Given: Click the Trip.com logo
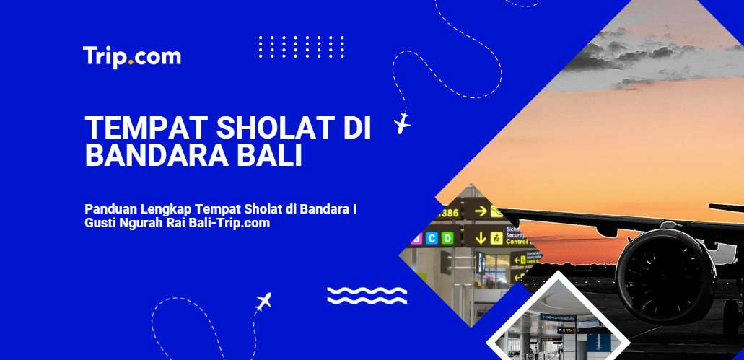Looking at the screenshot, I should [131, 56].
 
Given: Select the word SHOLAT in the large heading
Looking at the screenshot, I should [257, 128].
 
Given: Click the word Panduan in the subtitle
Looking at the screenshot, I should [110, 209].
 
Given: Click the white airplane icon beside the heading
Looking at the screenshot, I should [402, 123].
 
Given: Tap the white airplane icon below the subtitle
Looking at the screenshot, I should [264, 301].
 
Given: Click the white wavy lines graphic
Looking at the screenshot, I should [367, 295].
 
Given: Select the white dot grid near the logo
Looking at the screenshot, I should [301, 48].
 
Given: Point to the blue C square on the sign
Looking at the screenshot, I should [432, 237].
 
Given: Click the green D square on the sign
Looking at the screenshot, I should [447, 237].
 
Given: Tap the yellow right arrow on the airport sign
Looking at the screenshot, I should [478, 211].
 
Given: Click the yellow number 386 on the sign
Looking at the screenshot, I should [448, 213].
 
